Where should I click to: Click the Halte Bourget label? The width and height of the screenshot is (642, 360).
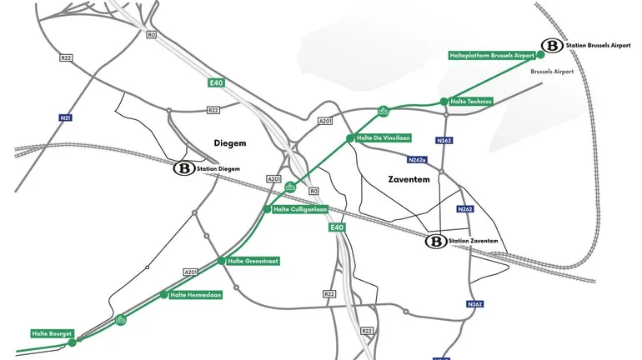tap(48, 333)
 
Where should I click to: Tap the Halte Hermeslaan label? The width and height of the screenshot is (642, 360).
tap(195, 295)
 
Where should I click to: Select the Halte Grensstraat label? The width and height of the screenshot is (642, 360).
tap(253, 261)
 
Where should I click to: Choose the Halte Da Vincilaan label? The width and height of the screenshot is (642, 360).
tap(384, 137)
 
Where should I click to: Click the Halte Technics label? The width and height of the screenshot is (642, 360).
tap(471, 102)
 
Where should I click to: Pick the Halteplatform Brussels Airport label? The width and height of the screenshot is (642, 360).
tap(491, 55)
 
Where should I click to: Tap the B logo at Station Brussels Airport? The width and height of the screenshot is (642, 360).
tap(550, 46)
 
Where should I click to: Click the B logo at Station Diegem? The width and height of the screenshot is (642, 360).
tap(183, 169)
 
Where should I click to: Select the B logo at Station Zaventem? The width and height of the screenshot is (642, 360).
tap(435, 242)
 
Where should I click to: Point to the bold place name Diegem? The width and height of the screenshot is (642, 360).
tap(229, 142)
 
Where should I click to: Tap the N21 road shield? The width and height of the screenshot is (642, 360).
tap(65, 118)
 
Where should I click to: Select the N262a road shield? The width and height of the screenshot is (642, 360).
tap(419, 159)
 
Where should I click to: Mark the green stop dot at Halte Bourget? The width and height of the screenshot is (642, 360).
tap(73, 342)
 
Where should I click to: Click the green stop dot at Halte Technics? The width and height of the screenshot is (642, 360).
tap(444, 102)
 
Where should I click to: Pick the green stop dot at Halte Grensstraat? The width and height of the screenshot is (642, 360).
tap(221, 261)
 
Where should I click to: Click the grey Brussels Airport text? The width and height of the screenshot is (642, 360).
tap(553, 72)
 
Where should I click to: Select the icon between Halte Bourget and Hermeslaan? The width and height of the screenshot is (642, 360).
tap(121, 319)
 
